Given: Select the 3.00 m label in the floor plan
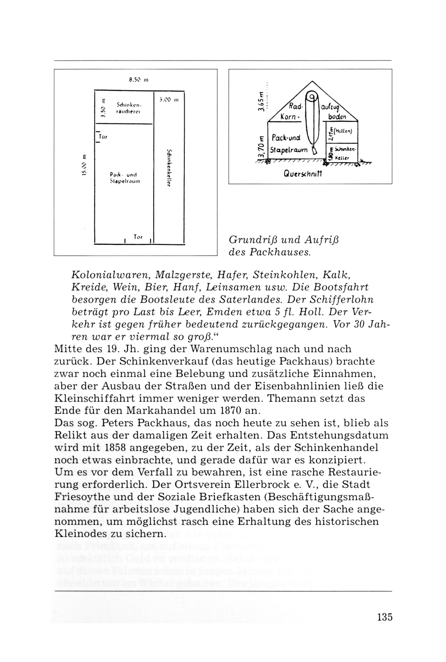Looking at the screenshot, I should click(x=169, y=100).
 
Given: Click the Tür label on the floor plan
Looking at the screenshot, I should click(x=103, y=137).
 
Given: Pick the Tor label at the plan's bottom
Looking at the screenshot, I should click(x=138, y=237).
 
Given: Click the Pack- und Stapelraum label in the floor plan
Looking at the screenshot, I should click(x=125, y=178).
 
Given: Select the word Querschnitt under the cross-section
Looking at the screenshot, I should click(x=303, y=174).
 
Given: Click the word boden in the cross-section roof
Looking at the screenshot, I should click(x=337, y=117).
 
